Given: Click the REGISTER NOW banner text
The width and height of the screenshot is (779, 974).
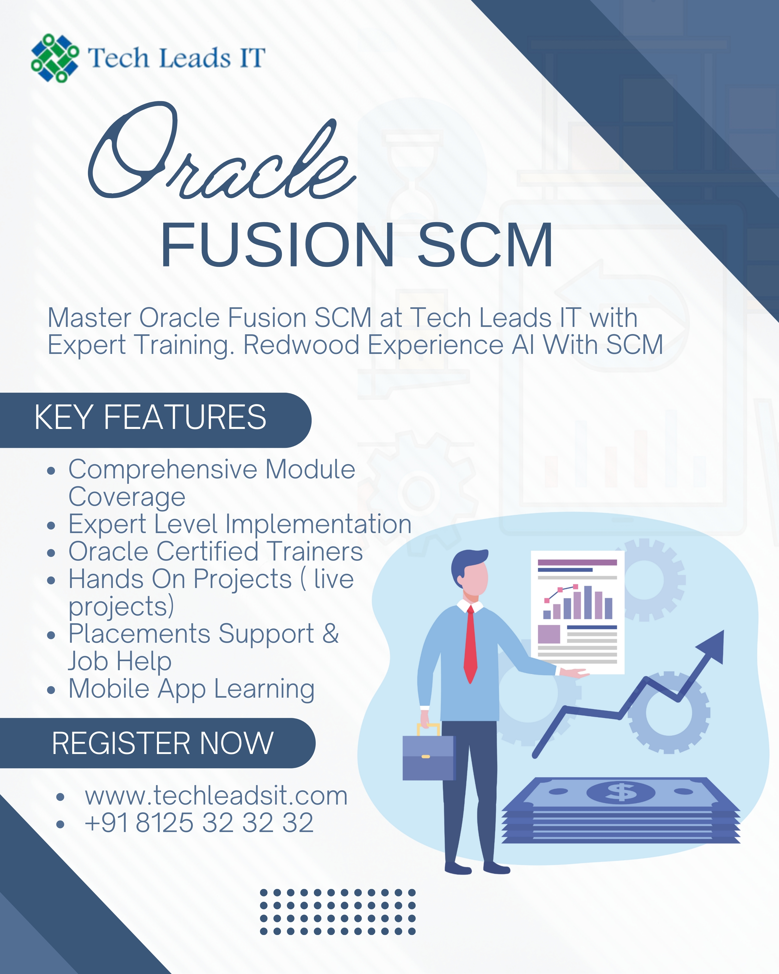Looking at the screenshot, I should point(162,743).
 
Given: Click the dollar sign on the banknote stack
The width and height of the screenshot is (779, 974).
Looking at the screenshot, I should point(621,791).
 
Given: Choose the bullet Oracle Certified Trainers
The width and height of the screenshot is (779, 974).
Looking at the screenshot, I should point(215,552).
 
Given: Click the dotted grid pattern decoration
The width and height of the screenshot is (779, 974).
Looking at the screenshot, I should point(337,912).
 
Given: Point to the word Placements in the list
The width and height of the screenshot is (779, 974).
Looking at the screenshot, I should point(139,633).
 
